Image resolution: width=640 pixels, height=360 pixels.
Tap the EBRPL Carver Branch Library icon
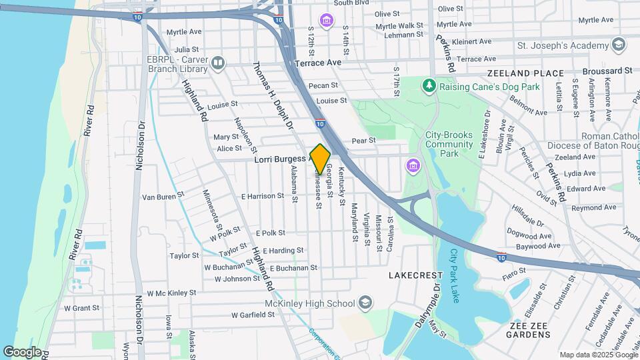pos(217,64)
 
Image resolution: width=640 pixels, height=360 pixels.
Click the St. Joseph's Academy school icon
pos(619,45)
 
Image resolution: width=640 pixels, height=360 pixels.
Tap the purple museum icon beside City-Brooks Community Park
pos(413,165)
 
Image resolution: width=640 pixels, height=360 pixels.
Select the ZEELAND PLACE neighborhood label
pos(525,73)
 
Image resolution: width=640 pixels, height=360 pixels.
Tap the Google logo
pos(22,352)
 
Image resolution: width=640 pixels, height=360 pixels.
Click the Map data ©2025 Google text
pos(598,355)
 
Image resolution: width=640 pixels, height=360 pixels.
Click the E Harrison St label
pos(263,197)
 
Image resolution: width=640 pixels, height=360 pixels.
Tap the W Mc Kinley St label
pos(172,293)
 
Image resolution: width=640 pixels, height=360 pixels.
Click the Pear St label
pos(363,141)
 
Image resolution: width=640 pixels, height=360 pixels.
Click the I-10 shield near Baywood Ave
pos(501,256)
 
